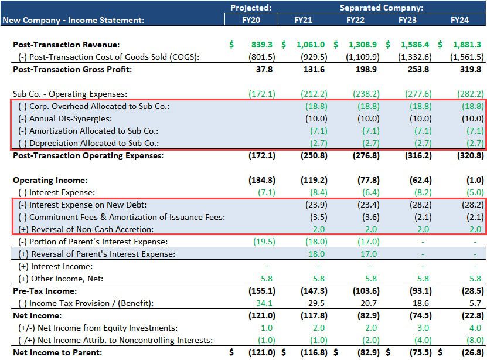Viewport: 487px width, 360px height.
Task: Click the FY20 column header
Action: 251,19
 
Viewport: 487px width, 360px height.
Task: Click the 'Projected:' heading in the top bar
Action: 251,8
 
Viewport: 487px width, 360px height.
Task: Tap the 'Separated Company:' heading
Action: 382,8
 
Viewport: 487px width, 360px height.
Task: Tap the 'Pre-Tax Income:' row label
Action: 45,291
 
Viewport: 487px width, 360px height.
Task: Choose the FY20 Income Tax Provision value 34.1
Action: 265,303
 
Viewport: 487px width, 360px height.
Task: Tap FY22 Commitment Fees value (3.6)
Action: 367,217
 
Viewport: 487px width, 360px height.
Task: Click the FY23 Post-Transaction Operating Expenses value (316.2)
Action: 418,155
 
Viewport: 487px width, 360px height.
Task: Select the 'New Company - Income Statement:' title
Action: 73,20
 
